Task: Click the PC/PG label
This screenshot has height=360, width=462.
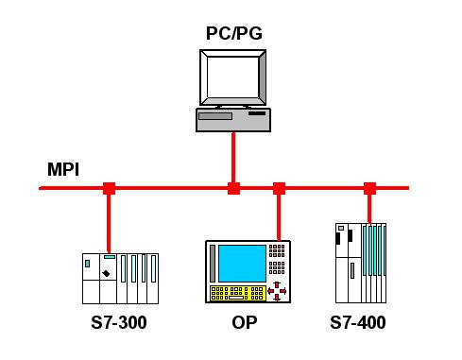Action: (234, 33)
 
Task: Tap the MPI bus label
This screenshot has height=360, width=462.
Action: (63, 169)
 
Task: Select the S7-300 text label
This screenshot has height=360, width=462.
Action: (119, 322)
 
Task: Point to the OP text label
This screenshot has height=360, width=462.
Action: (245, 322)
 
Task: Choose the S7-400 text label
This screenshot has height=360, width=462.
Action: (358, 322)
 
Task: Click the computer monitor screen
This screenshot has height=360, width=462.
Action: (233, 77)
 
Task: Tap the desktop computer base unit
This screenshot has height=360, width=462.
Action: (233, 120)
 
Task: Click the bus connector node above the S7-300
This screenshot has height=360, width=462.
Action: (109, 188)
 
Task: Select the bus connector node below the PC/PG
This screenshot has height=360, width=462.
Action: (233, 188)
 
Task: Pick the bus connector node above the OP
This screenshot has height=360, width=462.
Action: (279, 188)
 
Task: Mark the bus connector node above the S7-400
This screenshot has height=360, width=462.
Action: (369, 188)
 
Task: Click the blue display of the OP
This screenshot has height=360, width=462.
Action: (242, 264)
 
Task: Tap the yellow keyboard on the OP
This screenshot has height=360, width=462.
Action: (238, 293)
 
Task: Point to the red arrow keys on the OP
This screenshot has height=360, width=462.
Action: (277, 291)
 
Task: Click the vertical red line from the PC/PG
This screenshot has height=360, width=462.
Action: (233, 158)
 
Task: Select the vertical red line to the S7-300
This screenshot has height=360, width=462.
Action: (109, 224)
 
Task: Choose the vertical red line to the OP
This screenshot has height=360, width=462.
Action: (279, 217)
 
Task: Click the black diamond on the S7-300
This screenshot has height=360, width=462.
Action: (106, 273)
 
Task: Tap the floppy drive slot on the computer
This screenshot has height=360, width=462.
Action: (215, 116)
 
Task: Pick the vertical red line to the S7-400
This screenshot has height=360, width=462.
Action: (369, 209)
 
